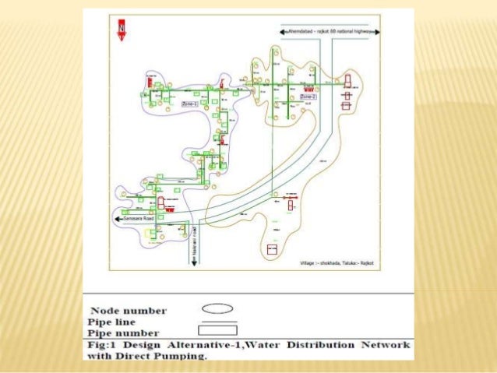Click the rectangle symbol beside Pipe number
click(221, 330)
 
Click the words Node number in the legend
click(129, 311)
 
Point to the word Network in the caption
click(387, 343)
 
